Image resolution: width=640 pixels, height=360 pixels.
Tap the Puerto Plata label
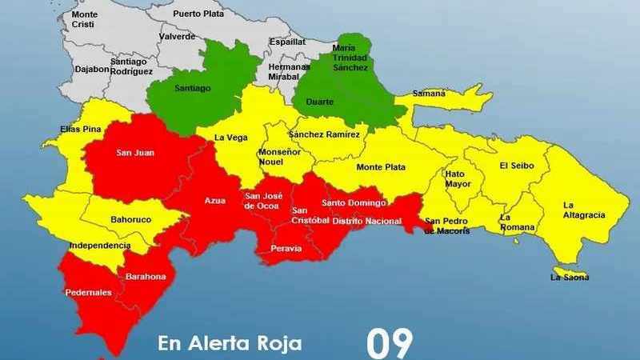pyautogui.click(x=198, y=14)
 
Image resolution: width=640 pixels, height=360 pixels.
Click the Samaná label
pyautogui.click(x=429, y=94)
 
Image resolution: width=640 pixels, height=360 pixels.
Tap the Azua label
pyautogui.click(x=215, y=200)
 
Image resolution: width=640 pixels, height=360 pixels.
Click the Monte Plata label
pyautogui.click(x=381, y=167)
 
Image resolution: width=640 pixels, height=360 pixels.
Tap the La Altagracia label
pyautogui.click(x=584, y=210)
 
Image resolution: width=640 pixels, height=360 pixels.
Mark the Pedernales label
pyautogui.click(x=89, y=292)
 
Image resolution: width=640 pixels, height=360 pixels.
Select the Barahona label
pyautogui.click(x=145, y=277)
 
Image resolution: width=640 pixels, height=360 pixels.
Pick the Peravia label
pyautogui.click(x=287, y=249)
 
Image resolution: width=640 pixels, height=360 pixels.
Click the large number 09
pyautogui.click(x=390, y=342)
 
